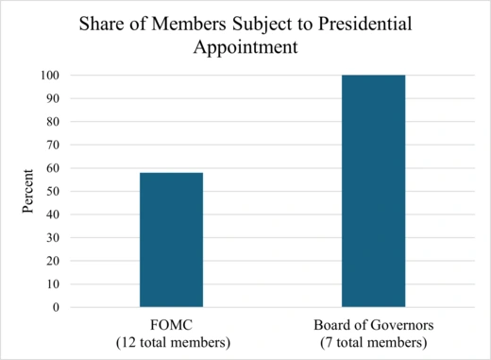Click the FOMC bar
tap(171, 240)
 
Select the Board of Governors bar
tap(373, 191)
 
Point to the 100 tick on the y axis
tap(49, 76)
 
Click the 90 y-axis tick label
tap(52, 98)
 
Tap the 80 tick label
tap(52, 122)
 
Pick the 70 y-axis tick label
tap(52, 145)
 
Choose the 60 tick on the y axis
tap(52, 168)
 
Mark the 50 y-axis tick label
tap(52, 191)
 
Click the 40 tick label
tap(52, 214)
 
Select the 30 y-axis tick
tap(52, 237)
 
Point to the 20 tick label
tap(52, 261)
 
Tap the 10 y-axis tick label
tap(52, 284)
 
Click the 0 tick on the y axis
tap(56, 307)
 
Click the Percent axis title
tap(29, 191)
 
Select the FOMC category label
tap(171, 323)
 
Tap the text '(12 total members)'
tap(171, 340)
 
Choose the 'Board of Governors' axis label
tap(373, 323)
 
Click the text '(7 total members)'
tap(373, 340)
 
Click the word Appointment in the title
tap(245, 43)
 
